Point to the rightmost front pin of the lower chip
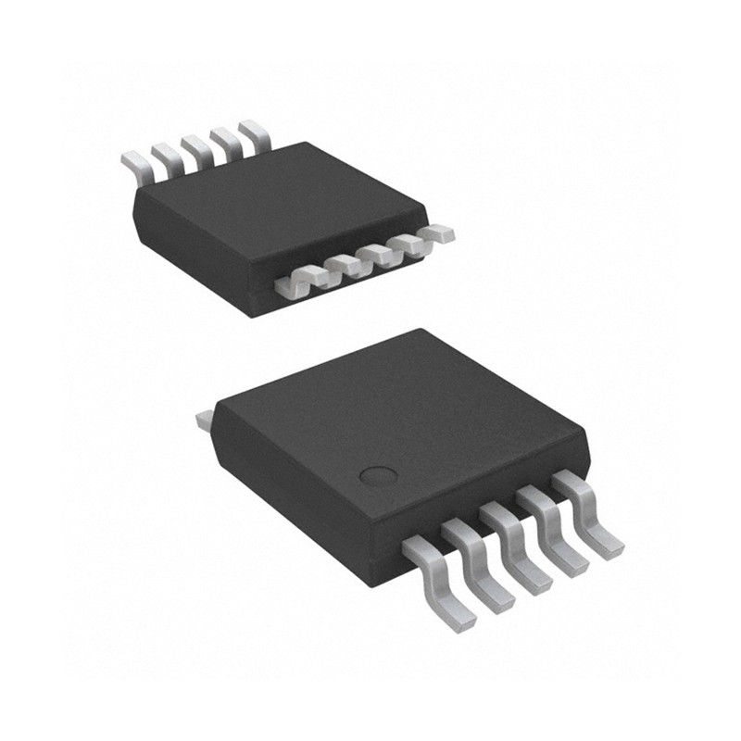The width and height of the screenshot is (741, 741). pyautogui.click(x=591, y=514)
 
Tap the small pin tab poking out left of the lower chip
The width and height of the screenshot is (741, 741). pyautogui.click(x=204, y=421)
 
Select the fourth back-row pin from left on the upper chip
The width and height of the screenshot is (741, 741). pyautogui.click(x=222, y=139)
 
